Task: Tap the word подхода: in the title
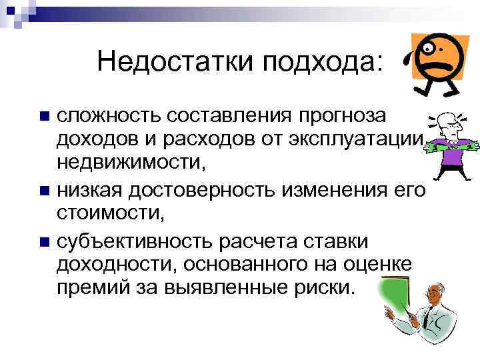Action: point(325,63)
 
